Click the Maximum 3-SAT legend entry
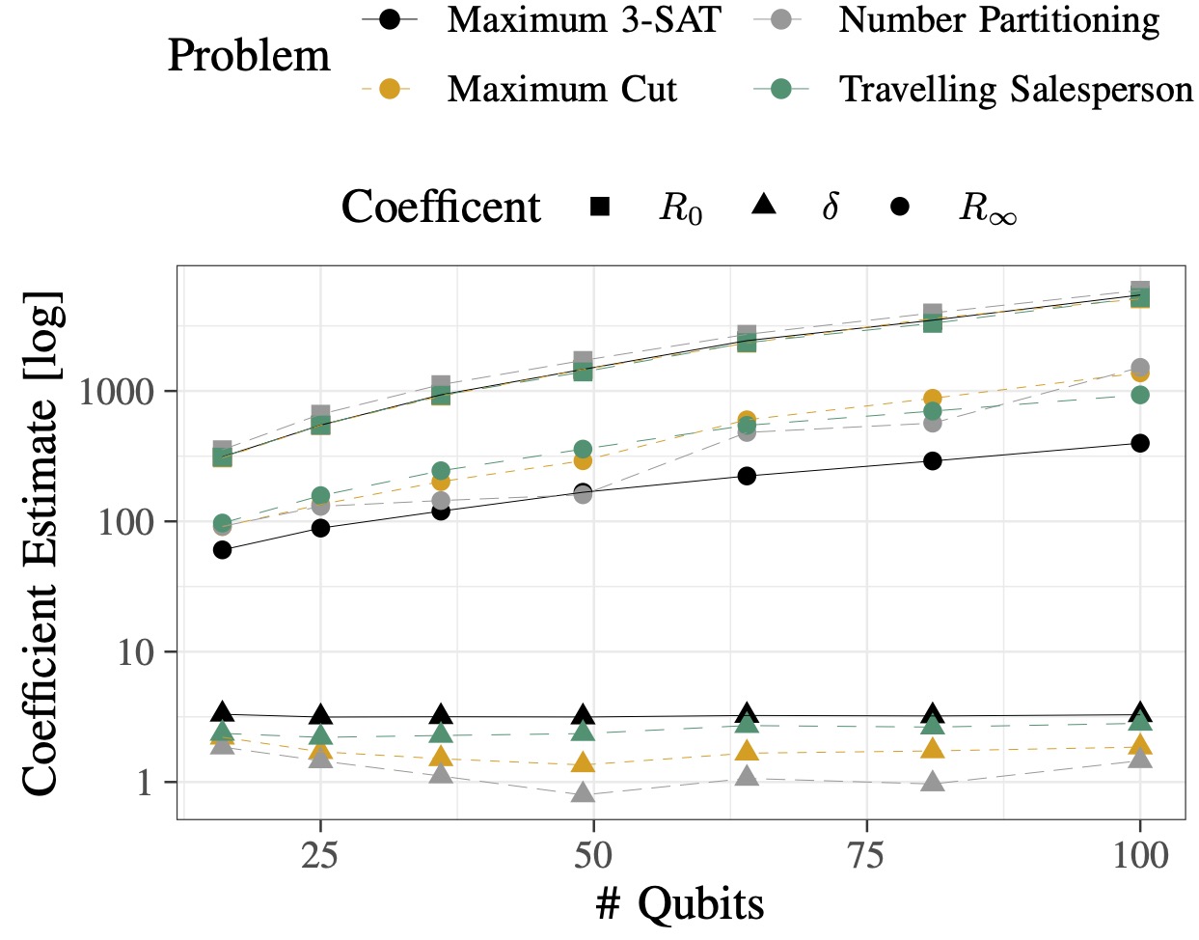(x=583, y=20)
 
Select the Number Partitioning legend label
(x=999, y=20)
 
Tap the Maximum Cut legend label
(x=561, y=90)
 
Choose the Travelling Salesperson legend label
(x=1016, y=90)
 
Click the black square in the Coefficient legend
(x=599, y=206)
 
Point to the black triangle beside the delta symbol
(x=764, y=205)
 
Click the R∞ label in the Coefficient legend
(x=987, y=207)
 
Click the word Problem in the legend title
(x=249, y=56)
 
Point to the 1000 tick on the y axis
(x=117, y=392)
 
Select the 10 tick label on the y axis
(x=135, y=652)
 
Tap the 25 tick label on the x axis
(x=319, y=855)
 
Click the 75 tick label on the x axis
(x=866, y=855)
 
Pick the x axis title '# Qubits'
(x=680, y=904)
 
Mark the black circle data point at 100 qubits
(x=1140, y=443)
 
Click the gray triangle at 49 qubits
(x=583, y=793)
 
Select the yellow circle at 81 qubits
(x=933, y=399)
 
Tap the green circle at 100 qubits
(x=1140, y=395)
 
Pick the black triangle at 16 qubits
(x=223, y=712)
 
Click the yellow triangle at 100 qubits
(x=1140, y=744)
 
